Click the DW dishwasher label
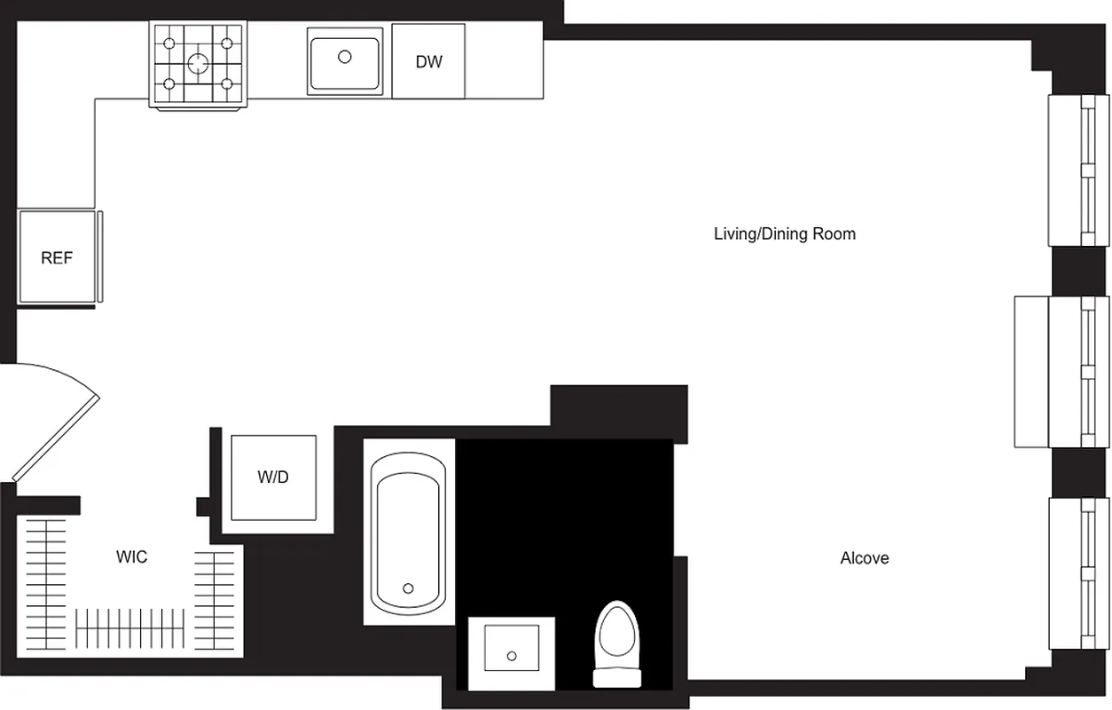pos(428,62)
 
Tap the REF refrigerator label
pos(57,259)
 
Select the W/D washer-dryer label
pos(273,477)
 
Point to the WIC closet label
pos(131,557)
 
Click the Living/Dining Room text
pos(785,234)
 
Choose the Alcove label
pos(865,558)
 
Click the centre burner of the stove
pos(198,63)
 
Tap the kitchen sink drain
pos(345,57)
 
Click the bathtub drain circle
pos(409,588)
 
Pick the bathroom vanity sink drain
pos(512,657)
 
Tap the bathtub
pos(408,532)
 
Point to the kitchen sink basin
pos(345,60)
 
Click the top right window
pos(1078,170)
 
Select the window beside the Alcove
pos(1078,574)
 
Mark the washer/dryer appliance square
pos(273,477)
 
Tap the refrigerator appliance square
pos(57,256)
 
